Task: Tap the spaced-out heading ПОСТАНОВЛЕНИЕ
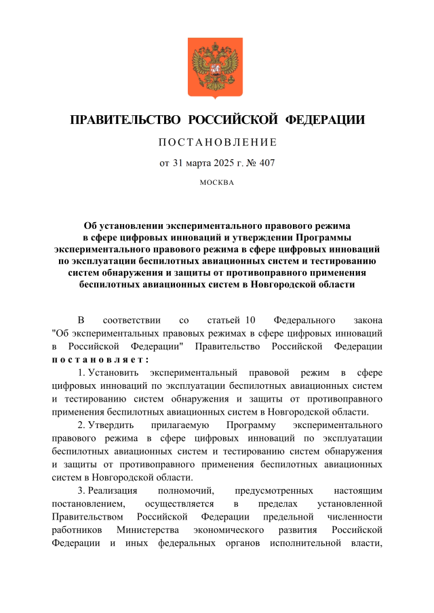pos(217,143)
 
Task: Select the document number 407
pos(266,163)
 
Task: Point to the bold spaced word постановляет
pos(100,360)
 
